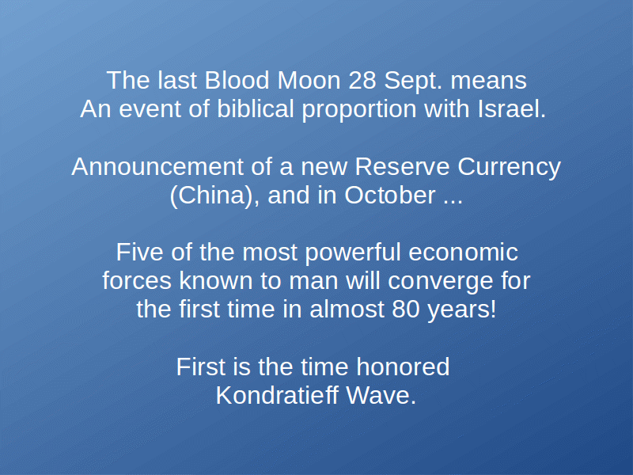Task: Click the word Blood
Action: (x=237, y=81)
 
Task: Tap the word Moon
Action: (x=309, y=81)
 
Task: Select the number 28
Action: (x=362, y=81)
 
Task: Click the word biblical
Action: (x=255, y=109)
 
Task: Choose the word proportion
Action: (x=359, y=110)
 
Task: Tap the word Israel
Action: (x=511, y=109)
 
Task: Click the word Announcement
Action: (x=157, y=167)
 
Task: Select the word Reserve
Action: (x=402, y=167)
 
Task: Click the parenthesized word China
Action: (x=212, y=196)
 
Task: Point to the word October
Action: (x=390, y=196)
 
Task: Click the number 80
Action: (x=405, y=310)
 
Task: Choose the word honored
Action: (x=403, y=367)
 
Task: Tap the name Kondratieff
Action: (x=276, y=395)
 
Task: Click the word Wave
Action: (x=381, y=395)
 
